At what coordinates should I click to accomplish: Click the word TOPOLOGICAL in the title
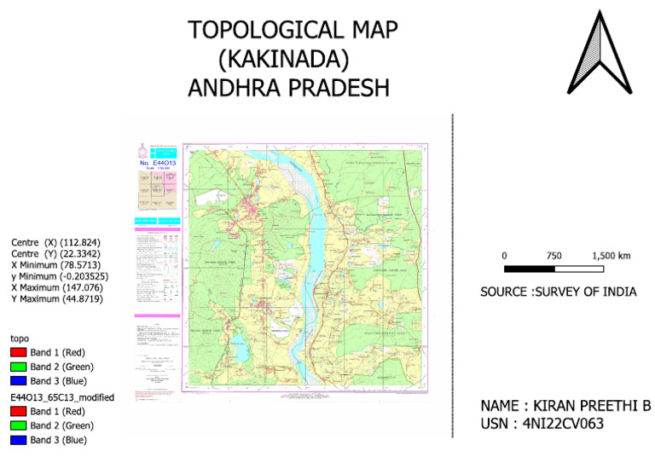[x=254, y=31]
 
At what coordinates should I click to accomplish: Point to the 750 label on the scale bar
[x=554, y=255]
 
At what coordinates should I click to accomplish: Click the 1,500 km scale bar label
[x=612, y=255]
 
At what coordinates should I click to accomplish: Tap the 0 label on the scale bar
[x=505, y=255]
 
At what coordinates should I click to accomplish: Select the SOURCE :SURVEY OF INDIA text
[x=559, y=292]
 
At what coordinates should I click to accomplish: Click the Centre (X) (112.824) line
[x=55, y=243]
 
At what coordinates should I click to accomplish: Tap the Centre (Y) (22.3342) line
[x=55, y=254]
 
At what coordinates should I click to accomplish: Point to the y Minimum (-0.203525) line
[x=61, y=276]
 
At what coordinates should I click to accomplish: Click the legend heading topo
[x=19, y=339]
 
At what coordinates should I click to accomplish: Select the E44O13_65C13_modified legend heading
[x=62, y=397]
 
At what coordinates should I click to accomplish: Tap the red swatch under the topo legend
[x=17, y=352]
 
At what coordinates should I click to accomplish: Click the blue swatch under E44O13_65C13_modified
[x=17, y=440]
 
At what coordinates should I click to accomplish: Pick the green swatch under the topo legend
[x=17, y=367]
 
